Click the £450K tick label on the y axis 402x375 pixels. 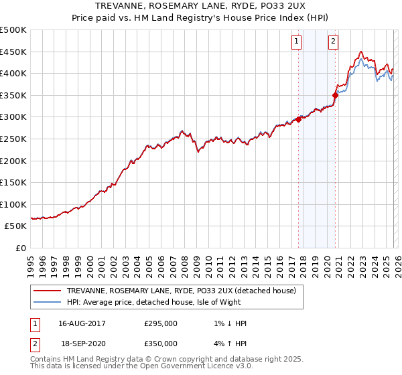click(13, 52)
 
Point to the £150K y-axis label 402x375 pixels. click(13, 182)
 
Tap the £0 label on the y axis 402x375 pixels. click(20, 248)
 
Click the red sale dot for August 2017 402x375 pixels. click(299, 119)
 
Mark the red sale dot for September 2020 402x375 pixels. click(336, 95)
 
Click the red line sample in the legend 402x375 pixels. click(48, 291)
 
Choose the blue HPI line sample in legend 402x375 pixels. click(48, 302)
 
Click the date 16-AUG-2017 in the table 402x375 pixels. click(82, 323)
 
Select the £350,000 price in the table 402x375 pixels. click(161, 343)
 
